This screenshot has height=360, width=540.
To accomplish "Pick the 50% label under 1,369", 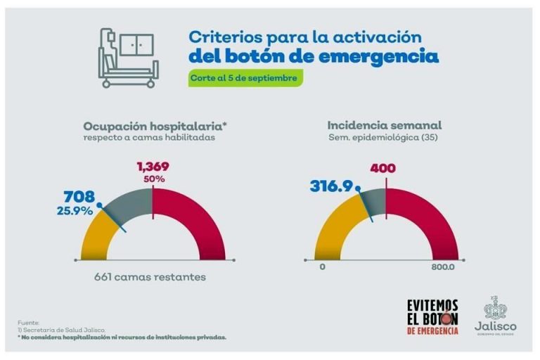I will click(x=155, y=179).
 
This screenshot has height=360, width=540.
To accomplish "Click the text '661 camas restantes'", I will click(x=150, y=277).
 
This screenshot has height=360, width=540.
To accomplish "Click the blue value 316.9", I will click(x=330, y=186).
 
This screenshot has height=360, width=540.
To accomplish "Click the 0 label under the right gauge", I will click(x=322, y=267).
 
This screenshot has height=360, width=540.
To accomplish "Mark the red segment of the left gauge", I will click(x=197, y=225).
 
